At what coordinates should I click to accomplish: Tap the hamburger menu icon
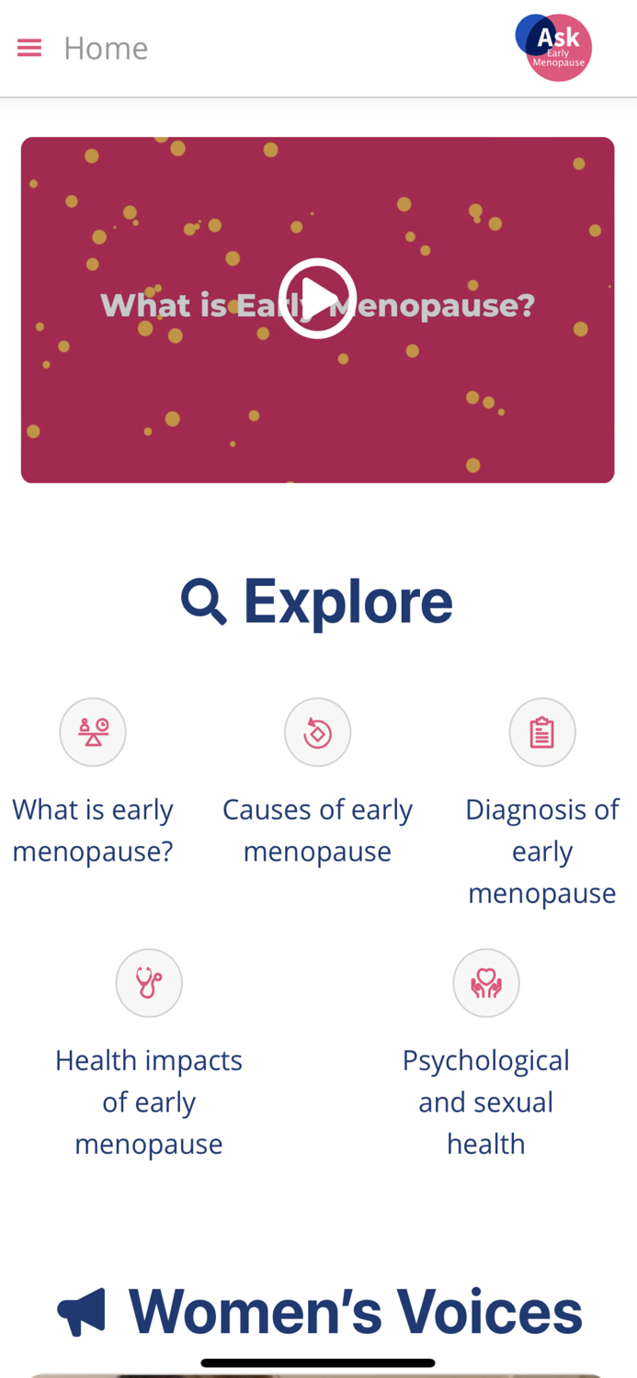point(29,48)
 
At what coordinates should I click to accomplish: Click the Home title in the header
point(106,48)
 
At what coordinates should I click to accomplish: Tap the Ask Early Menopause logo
point(554,47)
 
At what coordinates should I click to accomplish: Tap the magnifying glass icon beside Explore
point(203,602)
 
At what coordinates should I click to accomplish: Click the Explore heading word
point(347,602)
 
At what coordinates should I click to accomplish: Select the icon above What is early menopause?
point(93,732)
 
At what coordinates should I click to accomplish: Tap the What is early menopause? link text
point(93,830)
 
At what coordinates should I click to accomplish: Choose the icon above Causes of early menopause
point(317,732)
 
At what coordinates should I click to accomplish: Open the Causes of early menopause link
point(317,830)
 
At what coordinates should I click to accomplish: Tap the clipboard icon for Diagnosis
point(542,732)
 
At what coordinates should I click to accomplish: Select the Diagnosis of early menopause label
point(542,851)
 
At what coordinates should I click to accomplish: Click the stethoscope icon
point(149,983)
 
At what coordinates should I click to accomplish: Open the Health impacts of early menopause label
point(149,1101)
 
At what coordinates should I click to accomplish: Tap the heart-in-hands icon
point(486,983)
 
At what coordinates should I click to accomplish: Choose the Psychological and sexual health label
point(486,1101)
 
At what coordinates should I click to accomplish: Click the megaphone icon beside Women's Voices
point(82,1312)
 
